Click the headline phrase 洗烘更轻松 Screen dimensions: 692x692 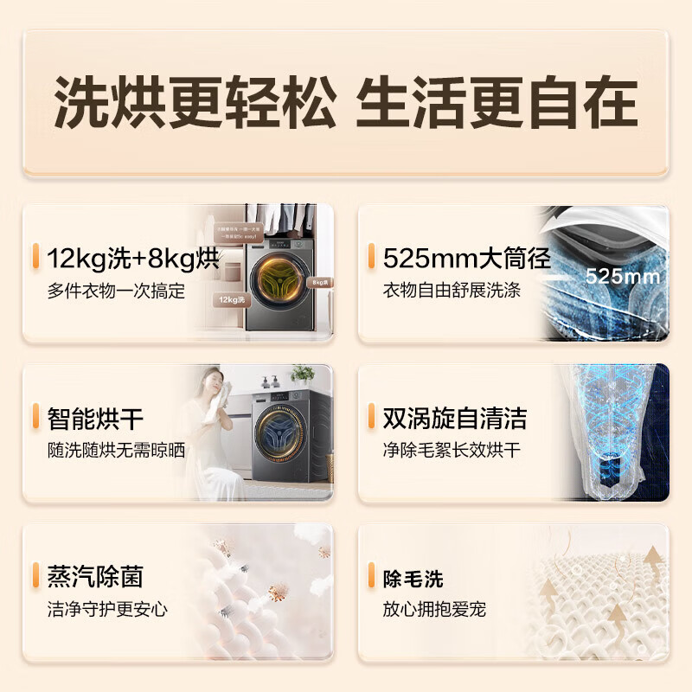click(x=195, y=104)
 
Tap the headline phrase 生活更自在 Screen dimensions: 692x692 click(x=497, y=104)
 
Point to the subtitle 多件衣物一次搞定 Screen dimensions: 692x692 click(x=116, y=292)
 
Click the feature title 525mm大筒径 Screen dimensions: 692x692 click(x=467, y=258)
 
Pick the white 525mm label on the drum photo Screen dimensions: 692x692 click(x=622, y=278)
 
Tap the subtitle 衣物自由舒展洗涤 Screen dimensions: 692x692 click(x=452, y=292)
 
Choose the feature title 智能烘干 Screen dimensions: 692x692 click(x=95, y=419)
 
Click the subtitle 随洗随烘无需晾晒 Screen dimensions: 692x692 click(x=116, y=452)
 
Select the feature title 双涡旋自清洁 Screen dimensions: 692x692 click(x=455, y=419)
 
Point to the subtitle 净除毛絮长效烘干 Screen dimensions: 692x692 click(x=452, y=452)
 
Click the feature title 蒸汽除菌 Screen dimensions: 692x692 click(x=95, y=576)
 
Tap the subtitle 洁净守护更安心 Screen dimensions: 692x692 click(x=107, y=610)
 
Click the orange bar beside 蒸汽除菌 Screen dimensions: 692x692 click(x=35, y=576)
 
